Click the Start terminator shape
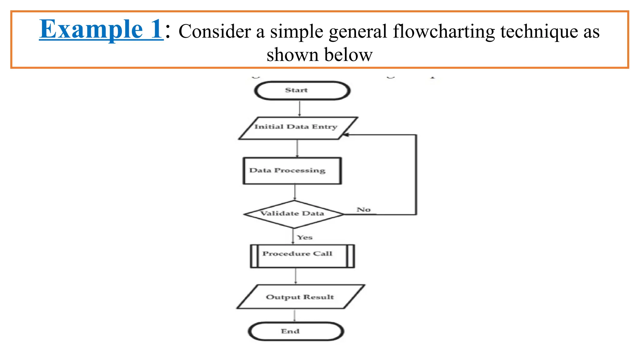[302, 91]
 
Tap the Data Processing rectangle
[292, 171]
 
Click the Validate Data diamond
[293, 214]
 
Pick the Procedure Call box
[302, 256]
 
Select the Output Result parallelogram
[300, 297]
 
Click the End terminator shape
[296, 331]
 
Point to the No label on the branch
[363, 210]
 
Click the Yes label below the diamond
[305, 237]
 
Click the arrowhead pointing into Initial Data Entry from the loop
[346, 135]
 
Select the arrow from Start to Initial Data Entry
[299, 108]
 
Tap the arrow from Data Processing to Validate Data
[295, 192]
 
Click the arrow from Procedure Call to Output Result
[296, 276]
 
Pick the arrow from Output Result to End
[294, 315]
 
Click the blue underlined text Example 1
[101, 29]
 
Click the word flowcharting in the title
[444, 32]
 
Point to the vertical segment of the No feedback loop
[416, 175]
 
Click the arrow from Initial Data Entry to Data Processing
[297, 148]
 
